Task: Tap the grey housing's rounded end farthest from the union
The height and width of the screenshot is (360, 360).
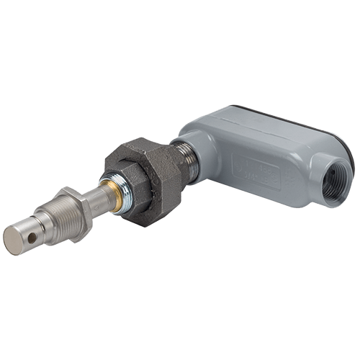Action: pyautogui.click(x=341, y=155)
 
